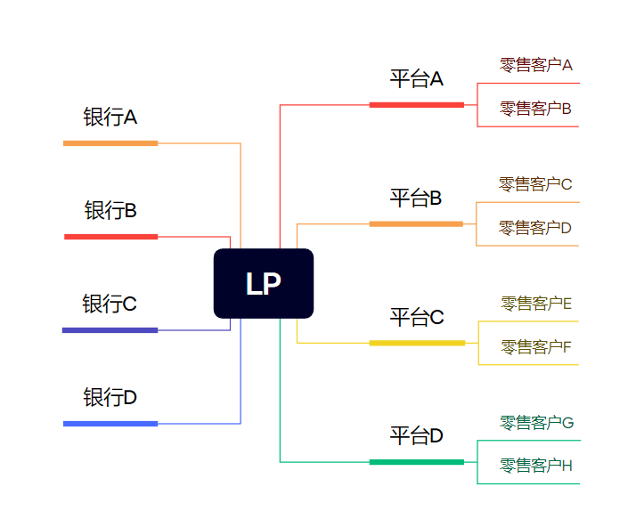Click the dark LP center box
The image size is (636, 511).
(x=264, y=283)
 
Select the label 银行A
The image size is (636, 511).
(x=110, y=118)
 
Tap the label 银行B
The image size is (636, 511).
(x=110, y=211)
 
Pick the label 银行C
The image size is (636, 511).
(x=110, y=304)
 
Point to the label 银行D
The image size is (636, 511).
(x=110, y=397)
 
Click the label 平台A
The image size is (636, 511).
(x=416, y=79)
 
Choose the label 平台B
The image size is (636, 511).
(x=416, y=199)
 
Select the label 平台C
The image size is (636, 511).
(x=416, y=318)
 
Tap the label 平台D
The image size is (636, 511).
(x=416, y=436)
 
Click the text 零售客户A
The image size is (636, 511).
(x=535, y=65)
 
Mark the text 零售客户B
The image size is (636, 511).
(x=535, y=109)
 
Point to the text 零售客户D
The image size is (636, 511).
(x=535, y=228)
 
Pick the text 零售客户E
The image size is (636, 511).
(x=536, y=304)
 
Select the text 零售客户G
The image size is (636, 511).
(x=536, y=422)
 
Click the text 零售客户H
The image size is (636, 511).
(x=536, y=466)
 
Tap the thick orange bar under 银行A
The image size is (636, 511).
(x=110, y=143)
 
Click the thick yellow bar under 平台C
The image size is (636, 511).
(x=417, y=343)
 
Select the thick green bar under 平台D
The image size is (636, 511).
(x=417, y=462)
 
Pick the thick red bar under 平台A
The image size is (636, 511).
(x=417, y=105)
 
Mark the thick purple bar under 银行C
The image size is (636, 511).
(x=110, y=330)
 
